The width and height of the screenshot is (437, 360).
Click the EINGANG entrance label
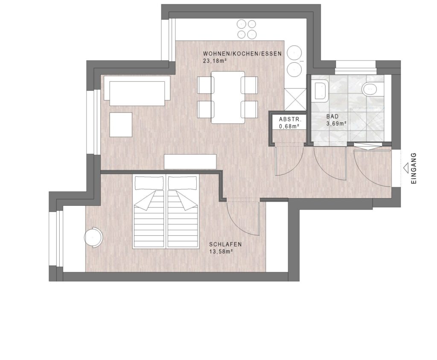point(414,168)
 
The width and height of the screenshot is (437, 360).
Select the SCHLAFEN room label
point(225,245)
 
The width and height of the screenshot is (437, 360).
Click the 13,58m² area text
point(221,251)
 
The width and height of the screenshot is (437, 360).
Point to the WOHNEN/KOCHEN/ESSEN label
point(242,54)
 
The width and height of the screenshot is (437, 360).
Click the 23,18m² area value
point(215,61)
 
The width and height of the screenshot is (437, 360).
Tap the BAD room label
point(332,116)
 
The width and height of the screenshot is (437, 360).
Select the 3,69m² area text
point(336,123)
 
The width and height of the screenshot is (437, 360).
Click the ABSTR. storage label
point(290,119)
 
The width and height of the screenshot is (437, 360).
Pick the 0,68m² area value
point(289,126)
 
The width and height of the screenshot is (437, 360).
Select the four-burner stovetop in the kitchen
point(247,29)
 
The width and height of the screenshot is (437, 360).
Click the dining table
point(228,97)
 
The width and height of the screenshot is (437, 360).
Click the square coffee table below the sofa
point(121,124)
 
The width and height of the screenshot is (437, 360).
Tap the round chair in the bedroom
point(93,237)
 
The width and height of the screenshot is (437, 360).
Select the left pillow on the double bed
point(149,182)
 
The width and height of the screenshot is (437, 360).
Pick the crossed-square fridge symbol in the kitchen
point(295,99)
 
